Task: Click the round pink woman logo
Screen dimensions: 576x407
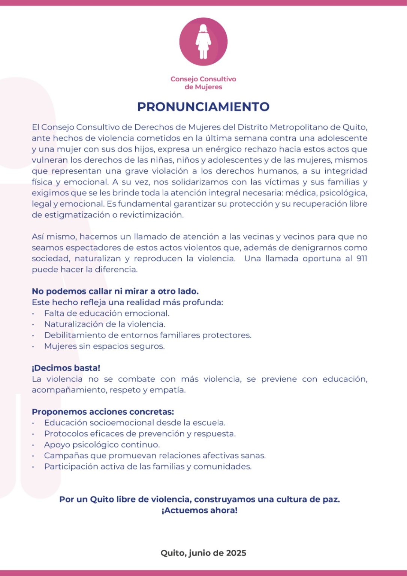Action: pos(203,42)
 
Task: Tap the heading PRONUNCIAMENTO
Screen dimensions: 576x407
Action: pos(203,107)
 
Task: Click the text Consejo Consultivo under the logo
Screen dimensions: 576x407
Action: pos(203,79)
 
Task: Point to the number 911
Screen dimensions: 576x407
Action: pos(361,259)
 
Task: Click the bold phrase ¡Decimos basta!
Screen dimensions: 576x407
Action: pos(66,368)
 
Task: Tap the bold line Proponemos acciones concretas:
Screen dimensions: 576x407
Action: pos(103,412)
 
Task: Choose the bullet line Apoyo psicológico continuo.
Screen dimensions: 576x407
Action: pos(102,445)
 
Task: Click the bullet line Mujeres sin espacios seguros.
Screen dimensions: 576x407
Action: pos(104,346)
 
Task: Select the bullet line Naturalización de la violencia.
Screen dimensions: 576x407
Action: pos(105,324)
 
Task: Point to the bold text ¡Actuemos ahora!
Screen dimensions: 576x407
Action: pos(199,510)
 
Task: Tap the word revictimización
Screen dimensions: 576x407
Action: pos(151,215)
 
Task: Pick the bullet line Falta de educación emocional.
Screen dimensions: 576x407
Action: pos(107,313)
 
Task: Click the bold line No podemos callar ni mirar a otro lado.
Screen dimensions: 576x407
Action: pos(115,291)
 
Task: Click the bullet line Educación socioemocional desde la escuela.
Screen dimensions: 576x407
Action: pos(135,423)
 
